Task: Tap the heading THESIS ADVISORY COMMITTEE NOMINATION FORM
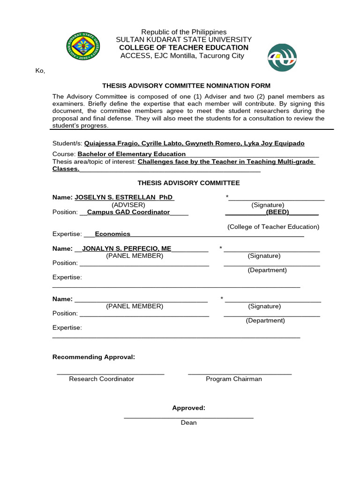(x=187, y=86)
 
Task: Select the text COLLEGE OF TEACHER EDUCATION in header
(x=184, y=48)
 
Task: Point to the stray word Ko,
(x=40, y=71)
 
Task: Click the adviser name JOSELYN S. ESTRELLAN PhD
(x=124, y=197)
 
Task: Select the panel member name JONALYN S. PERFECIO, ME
(x=127, y=248)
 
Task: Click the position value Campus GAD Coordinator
(x=128, y=212)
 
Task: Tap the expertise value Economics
(x=112, y=234)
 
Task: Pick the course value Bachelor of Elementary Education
(x=132, y=154)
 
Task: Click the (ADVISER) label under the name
(x=128, y=205)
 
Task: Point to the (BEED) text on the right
(x=277, y=212)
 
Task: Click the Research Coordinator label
(x=101, y=379)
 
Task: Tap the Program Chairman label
(x=233, y=379)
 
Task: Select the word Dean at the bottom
(x=189, y=422)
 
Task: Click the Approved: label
(x=188, y=408)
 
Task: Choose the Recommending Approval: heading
(x=94, y=357)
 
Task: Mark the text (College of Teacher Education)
(x=273, y=227)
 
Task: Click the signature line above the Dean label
(x=188, y=417)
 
